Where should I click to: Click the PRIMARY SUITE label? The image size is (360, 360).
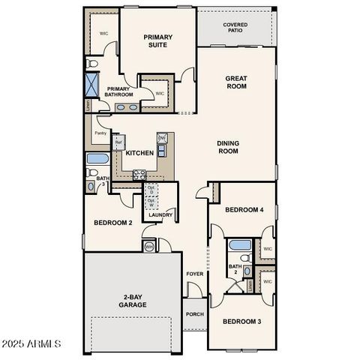pos(158,40)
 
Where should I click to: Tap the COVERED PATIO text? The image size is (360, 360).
pos(235,28)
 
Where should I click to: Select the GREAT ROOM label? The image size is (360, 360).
pos(237,82)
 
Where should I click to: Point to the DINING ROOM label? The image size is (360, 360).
pos(228,147)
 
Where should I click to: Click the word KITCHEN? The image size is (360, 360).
pos(139,153)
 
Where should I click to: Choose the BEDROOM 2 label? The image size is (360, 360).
pos(112,223)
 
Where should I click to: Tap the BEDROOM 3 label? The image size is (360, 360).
pos(242,321)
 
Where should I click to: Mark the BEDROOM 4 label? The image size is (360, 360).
pos(244,209)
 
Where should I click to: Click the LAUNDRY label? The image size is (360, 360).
pos(160,215)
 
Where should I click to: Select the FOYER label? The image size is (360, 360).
pos(194,274)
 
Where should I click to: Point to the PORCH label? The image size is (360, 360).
pos(195,314)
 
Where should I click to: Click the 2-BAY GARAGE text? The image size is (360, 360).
pos(133,301)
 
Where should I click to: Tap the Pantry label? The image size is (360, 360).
pos(101,133)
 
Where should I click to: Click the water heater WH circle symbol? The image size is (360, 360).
pos(148,246)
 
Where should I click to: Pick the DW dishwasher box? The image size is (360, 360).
pos(161,139)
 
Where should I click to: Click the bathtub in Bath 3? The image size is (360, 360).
pos(98,158)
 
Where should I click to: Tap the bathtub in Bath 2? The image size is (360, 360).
pos(241,245)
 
